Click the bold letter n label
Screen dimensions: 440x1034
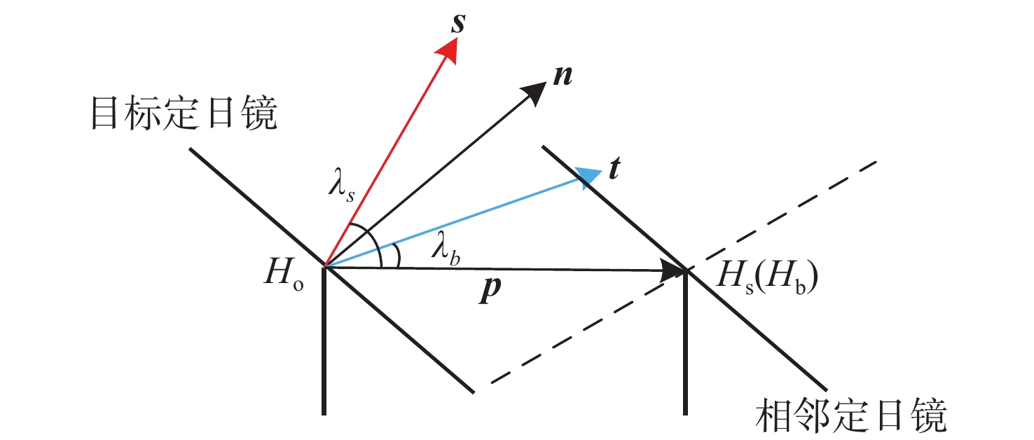561,76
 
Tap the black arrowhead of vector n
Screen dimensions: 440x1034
536,92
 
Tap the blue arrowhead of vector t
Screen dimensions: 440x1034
590,174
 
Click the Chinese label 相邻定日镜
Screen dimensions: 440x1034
853,416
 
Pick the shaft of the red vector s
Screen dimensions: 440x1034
385,158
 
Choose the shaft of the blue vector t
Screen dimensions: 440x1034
455,220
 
